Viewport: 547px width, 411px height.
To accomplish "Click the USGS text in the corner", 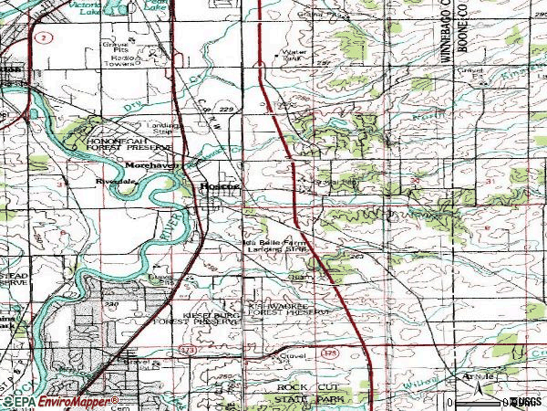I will pyautogui.click(x=525, y=401).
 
